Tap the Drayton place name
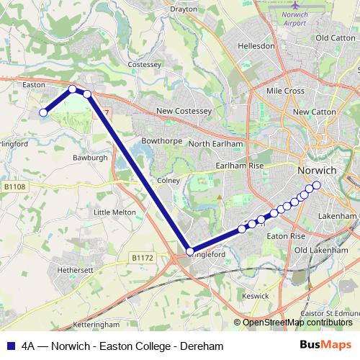pyautogui.click(x=183, y=9)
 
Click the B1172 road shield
pyautogui.click(x=143, y=257)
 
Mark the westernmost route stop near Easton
pyautogui.click(x=43, y=112)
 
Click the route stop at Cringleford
pyautogui.click(x=189, y=251)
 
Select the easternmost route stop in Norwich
pyautogui.click(x=316, y=184)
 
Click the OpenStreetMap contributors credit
pyautogui.click(x=297, y=323)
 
